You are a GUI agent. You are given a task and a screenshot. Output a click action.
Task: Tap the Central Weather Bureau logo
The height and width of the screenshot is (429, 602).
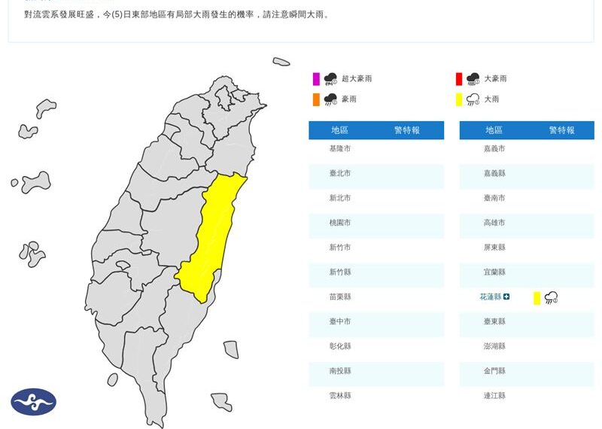click(33, 402)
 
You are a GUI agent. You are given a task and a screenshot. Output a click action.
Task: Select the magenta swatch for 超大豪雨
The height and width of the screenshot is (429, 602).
click(316, 79)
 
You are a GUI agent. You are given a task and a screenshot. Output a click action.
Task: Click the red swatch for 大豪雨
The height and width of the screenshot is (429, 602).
click(458, 79)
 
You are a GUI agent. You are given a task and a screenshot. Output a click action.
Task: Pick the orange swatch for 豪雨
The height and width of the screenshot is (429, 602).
click(316, 99)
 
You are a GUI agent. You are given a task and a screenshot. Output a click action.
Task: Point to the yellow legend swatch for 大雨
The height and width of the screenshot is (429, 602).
click(458, 99)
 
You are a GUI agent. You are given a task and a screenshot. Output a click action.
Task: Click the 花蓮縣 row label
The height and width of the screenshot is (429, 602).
click(490, 297)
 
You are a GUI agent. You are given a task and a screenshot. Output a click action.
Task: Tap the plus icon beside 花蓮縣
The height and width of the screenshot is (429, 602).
click(506, 297)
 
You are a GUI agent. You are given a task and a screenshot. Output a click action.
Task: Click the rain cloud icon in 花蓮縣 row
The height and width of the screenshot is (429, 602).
click(552, 298)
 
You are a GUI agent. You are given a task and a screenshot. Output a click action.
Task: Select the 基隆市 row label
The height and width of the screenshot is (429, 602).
click(340, 149)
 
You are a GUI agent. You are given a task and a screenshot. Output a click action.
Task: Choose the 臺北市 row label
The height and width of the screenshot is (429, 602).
click(340, 174)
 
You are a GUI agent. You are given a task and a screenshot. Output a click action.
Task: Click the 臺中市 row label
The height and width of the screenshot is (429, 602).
click(340, 322)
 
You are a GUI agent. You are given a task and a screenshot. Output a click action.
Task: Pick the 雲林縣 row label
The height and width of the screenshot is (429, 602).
click(340, 396)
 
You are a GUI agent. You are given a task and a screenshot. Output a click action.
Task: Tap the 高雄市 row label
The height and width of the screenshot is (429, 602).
click(494, 224)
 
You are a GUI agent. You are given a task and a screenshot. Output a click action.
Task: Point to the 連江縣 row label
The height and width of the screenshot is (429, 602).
click(494, 396)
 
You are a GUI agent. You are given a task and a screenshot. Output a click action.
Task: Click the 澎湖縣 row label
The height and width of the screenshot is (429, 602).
click(494, 347)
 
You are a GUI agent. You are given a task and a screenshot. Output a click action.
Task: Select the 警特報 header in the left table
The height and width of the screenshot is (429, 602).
click(407, 131)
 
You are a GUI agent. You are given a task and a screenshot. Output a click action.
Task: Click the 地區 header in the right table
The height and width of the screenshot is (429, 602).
click(494, 131)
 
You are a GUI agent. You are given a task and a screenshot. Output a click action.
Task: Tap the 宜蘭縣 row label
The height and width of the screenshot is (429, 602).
click(494, 272)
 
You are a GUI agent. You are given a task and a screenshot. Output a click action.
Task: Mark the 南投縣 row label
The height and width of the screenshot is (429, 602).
click(340, 371)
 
